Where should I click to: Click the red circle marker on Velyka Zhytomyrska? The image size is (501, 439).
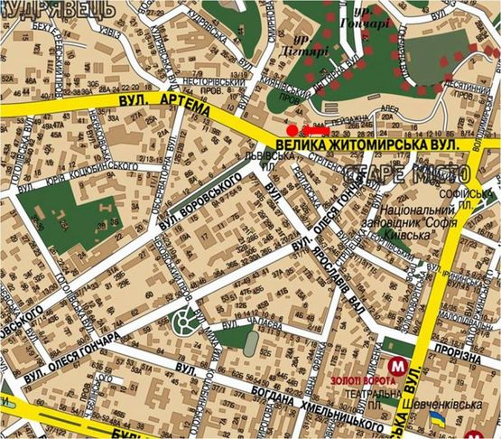291,130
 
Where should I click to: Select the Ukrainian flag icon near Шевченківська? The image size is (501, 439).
437,420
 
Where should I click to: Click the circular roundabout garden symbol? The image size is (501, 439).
186,318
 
